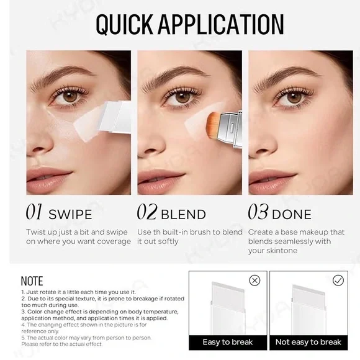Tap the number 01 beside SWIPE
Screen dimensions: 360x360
tap(34, 213)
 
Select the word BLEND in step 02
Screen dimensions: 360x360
tap(183, 215)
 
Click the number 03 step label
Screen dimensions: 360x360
tap(258, 213)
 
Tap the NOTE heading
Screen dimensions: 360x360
tap(32, 282)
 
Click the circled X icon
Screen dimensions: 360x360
tap(254, 281)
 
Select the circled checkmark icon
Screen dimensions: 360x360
tap(338, 281)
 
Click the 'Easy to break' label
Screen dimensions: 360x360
tap(228, 342)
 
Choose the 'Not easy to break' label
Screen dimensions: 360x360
tap(308, 342)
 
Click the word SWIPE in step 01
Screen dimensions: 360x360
tap(70, 215)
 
